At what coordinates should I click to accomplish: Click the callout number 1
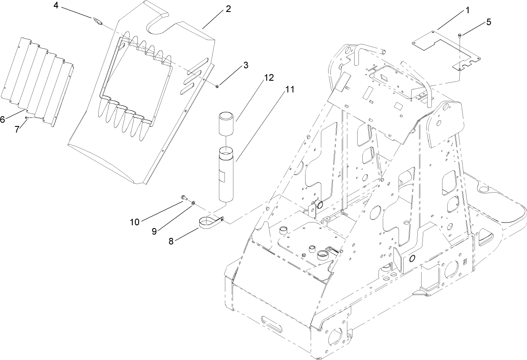(x=467, y=10)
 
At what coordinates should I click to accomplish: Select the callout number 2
(x=228, y=9)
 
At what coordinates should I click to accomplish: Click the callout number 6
(x=3, y=120)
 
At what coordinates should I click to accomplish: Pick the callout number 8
(x=171, y=241)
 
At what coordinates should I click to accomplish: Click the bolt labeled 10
(x=183, y=197)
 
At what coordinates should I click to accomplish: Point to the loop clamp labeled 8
(x=211, y=222)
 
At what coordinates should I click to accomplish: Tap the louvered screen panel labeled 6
(x=38, y=81)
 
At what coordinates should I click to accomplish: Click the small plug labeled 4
(x=98, y=21)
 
